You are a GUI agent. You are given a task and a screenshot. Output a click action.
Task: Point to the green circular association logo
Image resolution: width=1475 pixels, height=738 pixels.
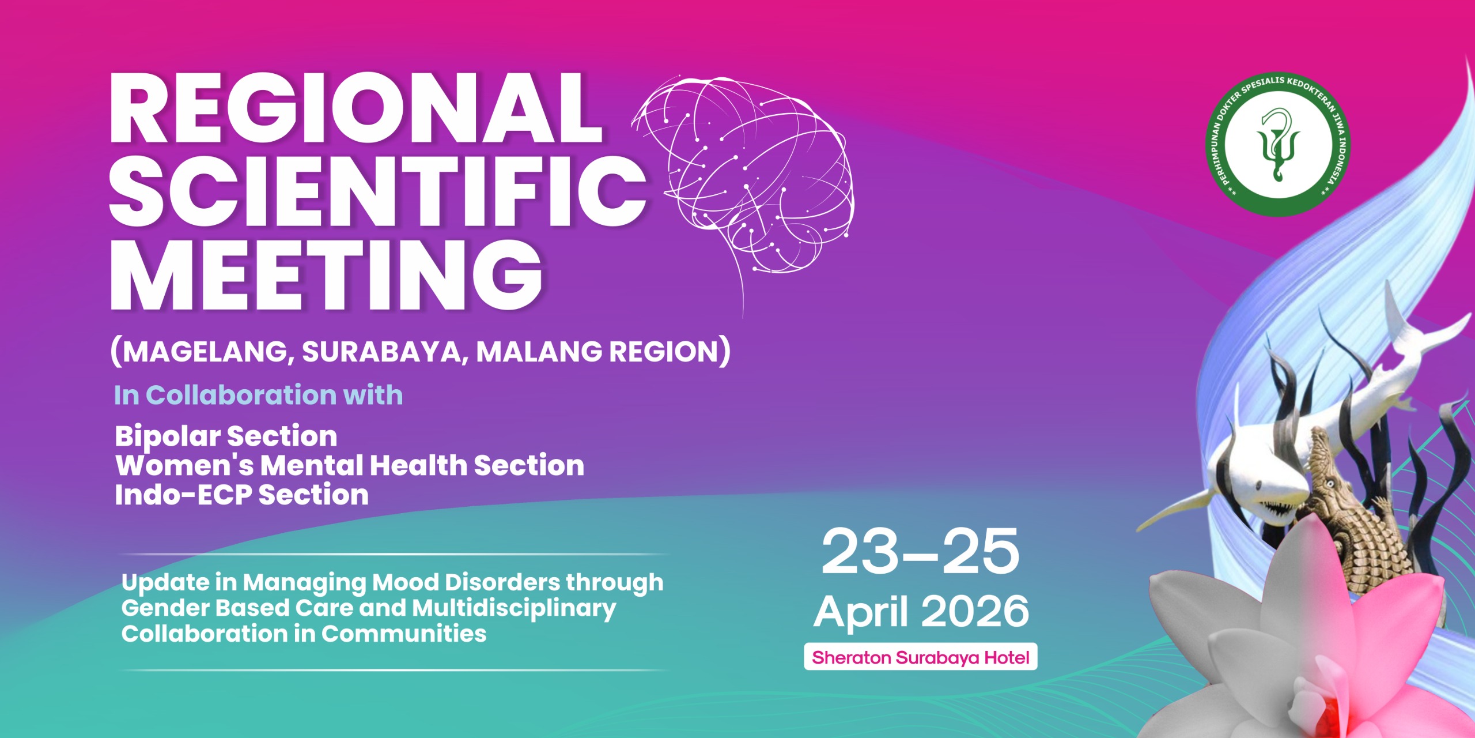[1278, 145]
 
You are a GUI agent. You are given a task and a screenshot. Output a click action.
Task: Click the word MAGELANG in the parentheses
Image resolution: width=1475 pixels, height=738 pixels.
[205, 352]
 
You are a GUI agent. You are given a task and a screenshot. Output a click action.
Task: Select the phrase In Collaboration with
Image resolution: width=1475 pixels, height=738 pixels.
[258, 396]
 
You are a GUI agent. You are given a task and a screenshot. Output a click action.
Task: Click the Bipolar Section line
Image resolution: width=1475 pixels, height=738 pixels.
[226, 436]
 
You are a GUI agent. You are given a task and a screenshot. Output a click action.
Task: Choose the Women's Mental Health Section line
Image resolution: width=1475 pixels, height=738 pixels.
[350, 465]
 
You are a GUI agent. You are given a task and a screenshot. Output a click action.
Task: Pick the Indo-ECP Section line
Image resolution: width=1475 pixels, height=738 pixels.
[241, 495]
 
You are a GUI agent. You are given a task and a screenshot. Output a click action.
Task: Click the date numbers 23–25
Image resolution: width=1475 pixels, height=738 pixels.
[921, 552]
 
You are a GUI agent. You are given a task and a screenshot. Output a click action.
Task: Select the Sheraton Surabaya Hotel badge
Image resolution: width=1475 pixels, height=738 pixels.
[921, 657]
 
